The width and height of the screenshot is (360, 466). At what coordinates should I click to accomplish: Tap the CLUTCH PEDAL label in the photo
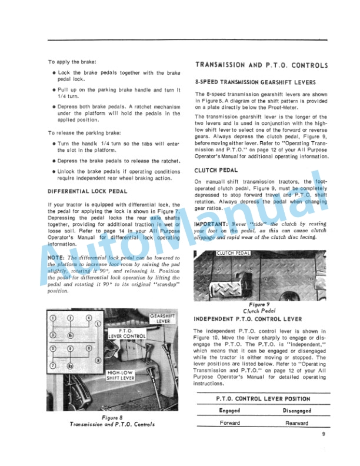pyautogui.click(x=234, y=253)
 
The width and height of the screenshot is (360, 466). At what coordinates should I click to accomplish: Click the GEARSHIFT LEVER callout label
pyautogui.click(x=160, y=319)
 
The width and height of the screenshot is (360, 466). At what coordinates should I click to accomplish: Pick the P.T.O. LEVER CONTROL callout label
pyautogui.click(x=126, y=334)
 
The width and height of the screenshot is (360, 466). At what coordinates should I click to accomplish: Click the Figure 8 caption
pyautogui.click(x=111, y=421)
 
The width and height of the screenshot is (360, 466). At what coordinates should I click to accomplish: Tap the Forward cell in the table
pyautogui.click(x=229, y=422)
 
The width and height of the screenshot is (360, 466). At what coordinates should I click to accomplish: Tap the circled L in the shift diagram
pyautogui.click(x=98, y=324)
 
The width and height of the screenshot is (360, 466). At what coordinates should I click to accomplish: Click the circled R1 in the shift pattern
pyautogui.click(x=69, y=336)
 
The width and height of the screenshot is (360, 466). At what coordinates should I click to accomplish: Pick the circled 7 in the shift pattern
pyautogui.click(x=52, y=365)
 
